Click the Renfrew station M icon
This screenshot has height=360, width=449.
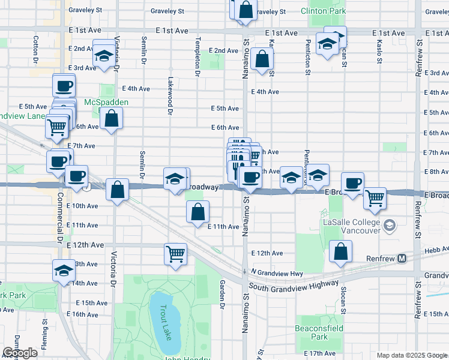pos(402,259)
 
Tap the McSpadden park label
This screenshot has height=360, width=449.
pos(106,103)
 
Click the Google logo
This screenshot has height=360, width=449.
pos(20,353)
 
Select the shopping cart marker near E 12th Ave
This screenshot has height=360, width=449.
pos(175,254)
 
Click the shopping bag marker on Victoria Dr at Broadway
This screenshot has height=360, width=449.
pos(117,190)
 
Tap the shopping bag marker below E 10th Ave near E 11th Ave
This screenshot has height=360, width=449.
pos(198,212)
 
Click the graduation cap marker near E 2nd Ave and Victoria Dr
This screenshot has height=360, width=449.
pos(104,56)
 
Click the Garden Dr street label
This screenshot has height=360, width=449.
pos(221,294)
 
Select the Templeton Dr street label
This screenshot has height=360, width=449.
pos(197,58)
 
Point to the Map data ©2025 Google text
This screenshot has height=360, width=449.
pos(411,355)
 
